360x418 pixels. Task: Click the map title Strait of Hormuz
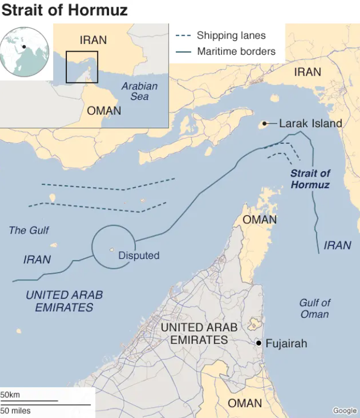point(65,10)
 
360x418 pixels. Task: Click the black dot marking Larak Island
point(265,123)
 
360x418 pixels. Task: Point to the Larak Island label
point(310,123)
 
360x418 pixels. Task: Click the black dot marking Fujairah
point(258,343)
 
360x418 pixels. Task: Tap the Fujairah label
point(286,343)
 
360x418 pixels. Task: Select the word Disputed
point(139,255)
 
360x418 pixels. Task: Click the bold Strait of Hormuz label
point(310,179)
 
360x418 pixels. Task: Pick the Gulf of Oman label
point(315,308)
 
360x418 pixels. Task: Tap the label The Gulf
point(29,230)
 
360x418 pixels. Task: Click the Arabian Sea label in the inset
point(139,91)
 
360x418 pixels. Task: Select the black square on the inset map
point(82,67)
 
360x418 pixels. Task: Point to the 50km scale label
point(10,395)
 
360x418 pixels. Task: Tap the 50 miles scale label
point(15,410)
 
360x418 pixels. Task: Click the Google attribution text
point(345,411)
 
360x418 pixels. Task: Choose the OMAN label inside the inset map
point(104,110)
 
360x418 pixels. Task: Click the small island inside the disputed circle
point(112,250)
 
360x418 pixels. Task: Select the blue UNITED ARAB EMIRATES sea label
point(64,301)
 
